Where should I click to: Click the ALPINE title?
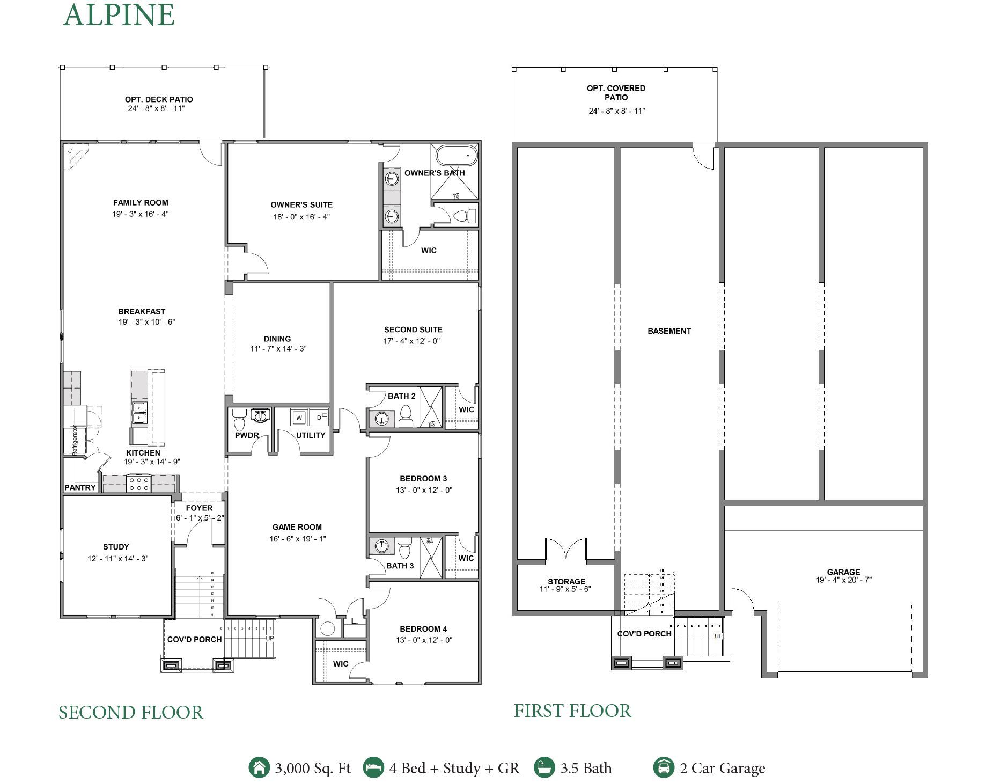[119, 15]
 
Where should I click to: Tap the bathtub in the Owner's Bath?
[456, 156]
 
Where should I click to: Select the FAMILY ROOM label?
[141, 203]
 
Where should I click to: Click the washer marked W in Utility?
[299, 418]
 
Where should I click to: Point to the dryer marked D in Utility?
[319, 417]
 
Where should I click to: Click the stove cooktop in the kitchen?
[138, 484]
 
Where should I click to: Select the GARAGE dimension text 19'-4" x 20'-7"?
[843, 580]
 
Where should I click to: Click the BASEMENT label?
[669, 331]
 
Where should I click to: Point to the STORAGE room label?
[566, 581]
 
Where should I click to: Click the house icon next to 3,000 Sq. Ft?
[259, 767]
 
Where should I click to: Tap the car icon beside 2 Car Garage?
[664, 767]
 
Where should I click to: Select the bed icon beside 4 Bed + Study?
[373, 767]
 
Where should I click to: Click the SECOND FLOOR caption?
[131, 713]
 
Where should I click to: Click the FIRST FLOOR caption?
[572, 711]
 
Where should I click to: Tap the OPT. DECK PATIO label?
[159, 99]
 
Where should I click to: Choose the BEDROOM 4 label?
[423, 629]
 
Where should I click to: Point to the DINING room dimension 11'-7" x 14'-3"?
[278, 349]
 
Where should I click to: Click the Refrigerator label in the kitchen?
[75, 440]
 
